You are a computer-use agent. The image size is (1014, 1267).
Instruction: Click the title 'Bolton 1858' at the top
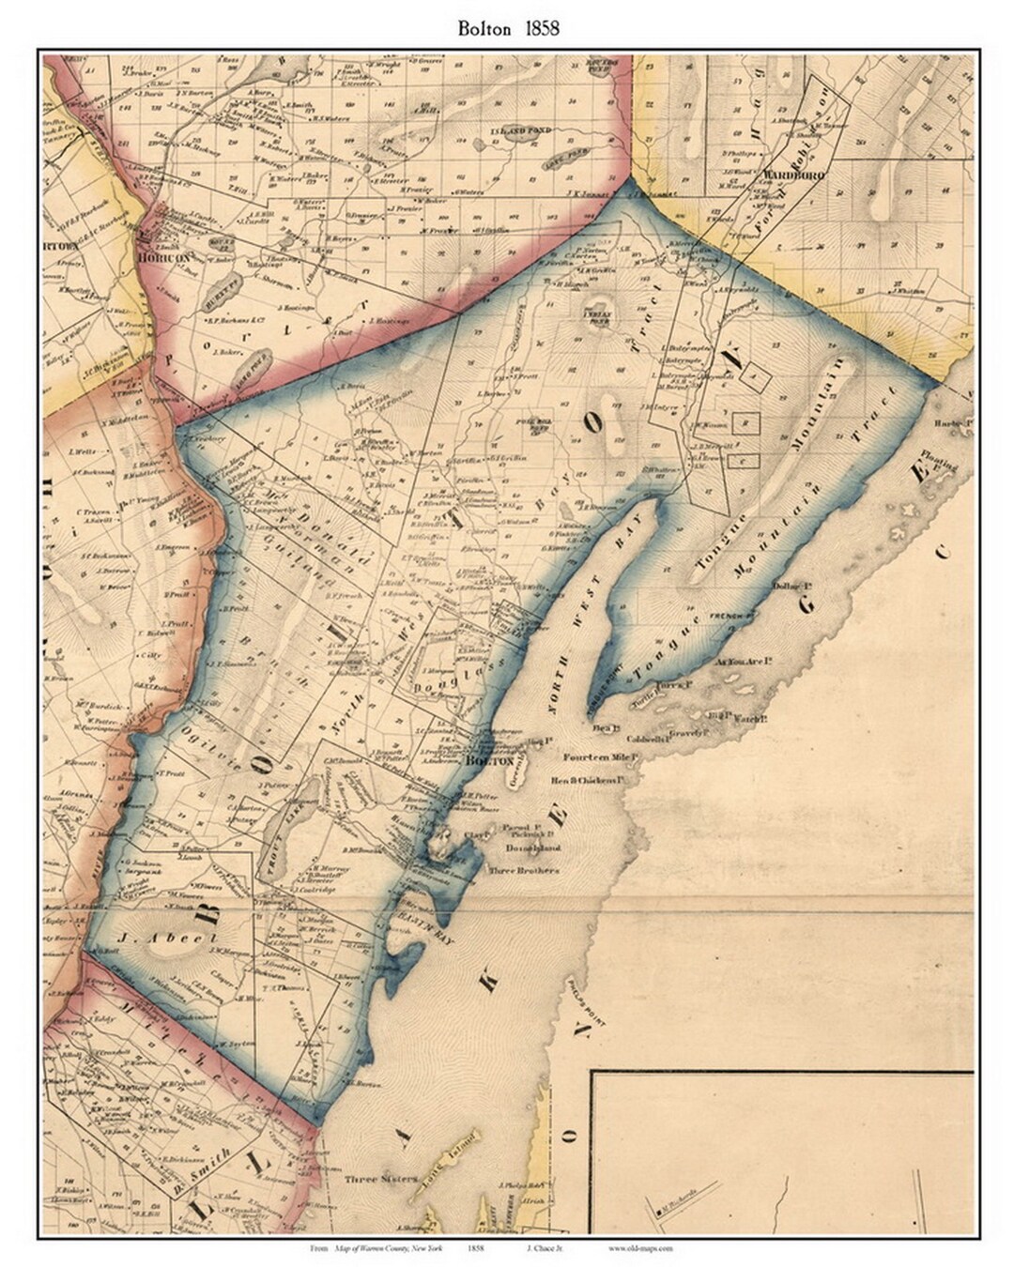508,28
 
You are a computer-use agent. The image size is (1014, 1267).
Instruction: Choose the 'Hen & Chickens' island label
595,780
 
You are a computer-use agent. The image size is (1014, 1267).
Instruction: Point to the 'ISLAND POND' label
525,131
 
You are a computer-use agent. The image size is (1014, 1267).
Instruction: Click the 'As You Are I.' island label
743,663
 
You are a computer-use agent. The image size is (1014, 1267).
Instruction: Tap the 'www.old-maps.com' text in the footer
641,1248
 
